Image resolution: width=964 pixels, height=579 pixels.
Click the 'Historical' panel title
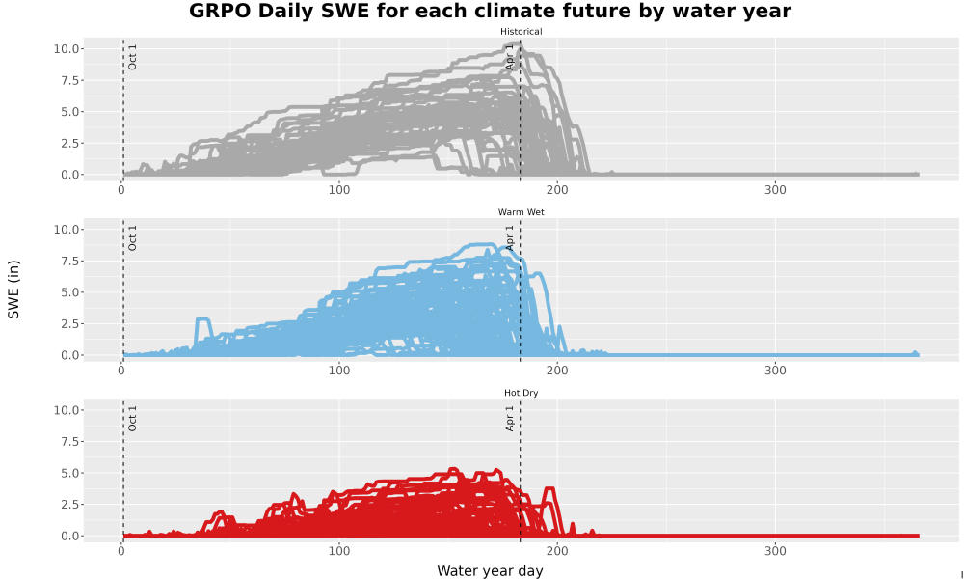coord(521,32)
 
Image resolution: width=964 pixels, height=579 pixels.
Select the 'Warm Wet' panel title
coord(521,212)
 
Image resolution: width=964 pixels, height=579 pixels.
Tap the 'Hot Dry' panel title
coord(521,393)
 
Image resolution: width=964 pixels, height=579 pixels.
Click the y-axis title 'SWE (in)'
coord(13,289)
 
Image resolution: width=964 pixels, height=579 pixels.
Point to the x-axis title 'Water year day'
coord(490,571)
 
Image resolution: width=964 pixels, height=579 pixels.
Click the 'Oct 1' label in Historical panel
coord(132,57)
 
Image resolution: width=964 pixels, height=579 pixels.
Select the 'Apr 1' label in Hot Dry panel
coord(509,419)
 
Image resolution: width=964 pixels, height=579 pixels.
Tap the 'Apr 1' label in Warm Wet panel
coord(509,237)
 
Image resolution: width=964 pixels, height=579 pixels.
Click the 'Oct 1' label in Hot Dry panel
coord(132,419)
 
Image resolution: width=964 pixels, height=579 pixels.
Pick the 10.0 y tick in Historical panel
coord(67,48)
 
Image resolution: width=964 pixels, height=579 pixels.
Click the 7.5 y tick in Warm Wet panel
coord(70,261)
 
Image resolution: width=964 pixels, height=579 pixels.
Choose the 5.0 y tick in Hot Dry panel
coord(70,473)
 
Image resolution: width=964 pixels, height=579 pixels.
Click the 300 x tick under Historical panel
coord(775,190)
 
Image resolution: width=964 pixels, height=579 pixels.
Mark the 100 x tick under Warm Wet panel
coord(338,371)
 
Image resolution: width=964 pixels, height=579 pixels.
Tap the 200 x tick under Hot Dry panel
coord(557,551)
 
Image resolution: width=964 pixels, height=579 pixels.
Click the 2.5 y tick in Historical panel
coord(70,143)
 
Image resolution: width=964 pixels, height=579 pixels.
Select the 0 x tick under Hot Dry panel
coord(121,551)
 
